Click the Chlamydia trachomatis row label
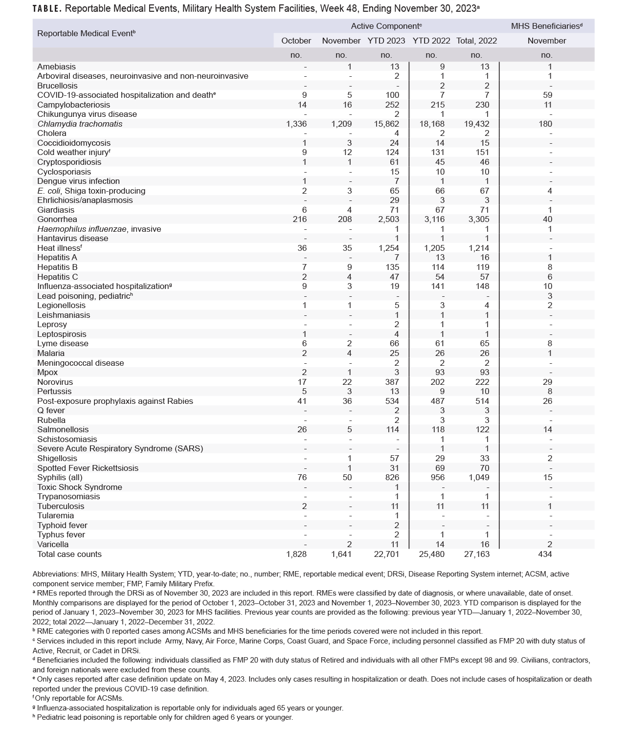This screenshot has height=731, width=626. [x=80, y=124]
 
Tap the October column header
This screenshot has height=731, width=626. [x=296, y=41]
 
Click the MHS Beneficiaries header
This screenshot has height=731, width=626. [x=546, y=26]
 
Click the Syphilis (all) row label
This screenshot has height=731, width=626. [x=60, y=477]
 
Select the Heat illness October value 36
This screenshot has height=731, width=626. [x=302, y=248]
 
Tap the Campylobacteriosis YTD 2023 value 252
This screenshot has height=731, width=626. [x=392, y=105]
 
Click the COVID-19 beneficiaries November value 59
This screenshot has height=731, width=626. [x=547, y=95]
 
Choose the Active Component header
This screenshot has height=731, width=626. [x=386, y=26]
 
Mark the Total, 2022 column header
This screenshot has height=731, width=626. [x=476, y=41]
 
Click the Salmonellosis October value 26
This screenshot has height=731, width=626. [x=302, y=429]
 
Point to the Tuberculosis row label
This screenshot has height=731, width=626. [x=61, y=506]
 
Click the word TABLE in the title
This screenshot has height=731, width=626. [x=46, y=9]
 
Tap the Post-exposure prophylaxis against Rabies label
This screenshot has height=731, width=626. [x=115, y=401]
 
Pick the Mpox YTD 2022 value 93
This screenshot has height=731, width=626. [x=440, y=372]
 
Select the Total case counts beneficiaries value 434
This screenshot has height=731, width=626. [x=545, y=554]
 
